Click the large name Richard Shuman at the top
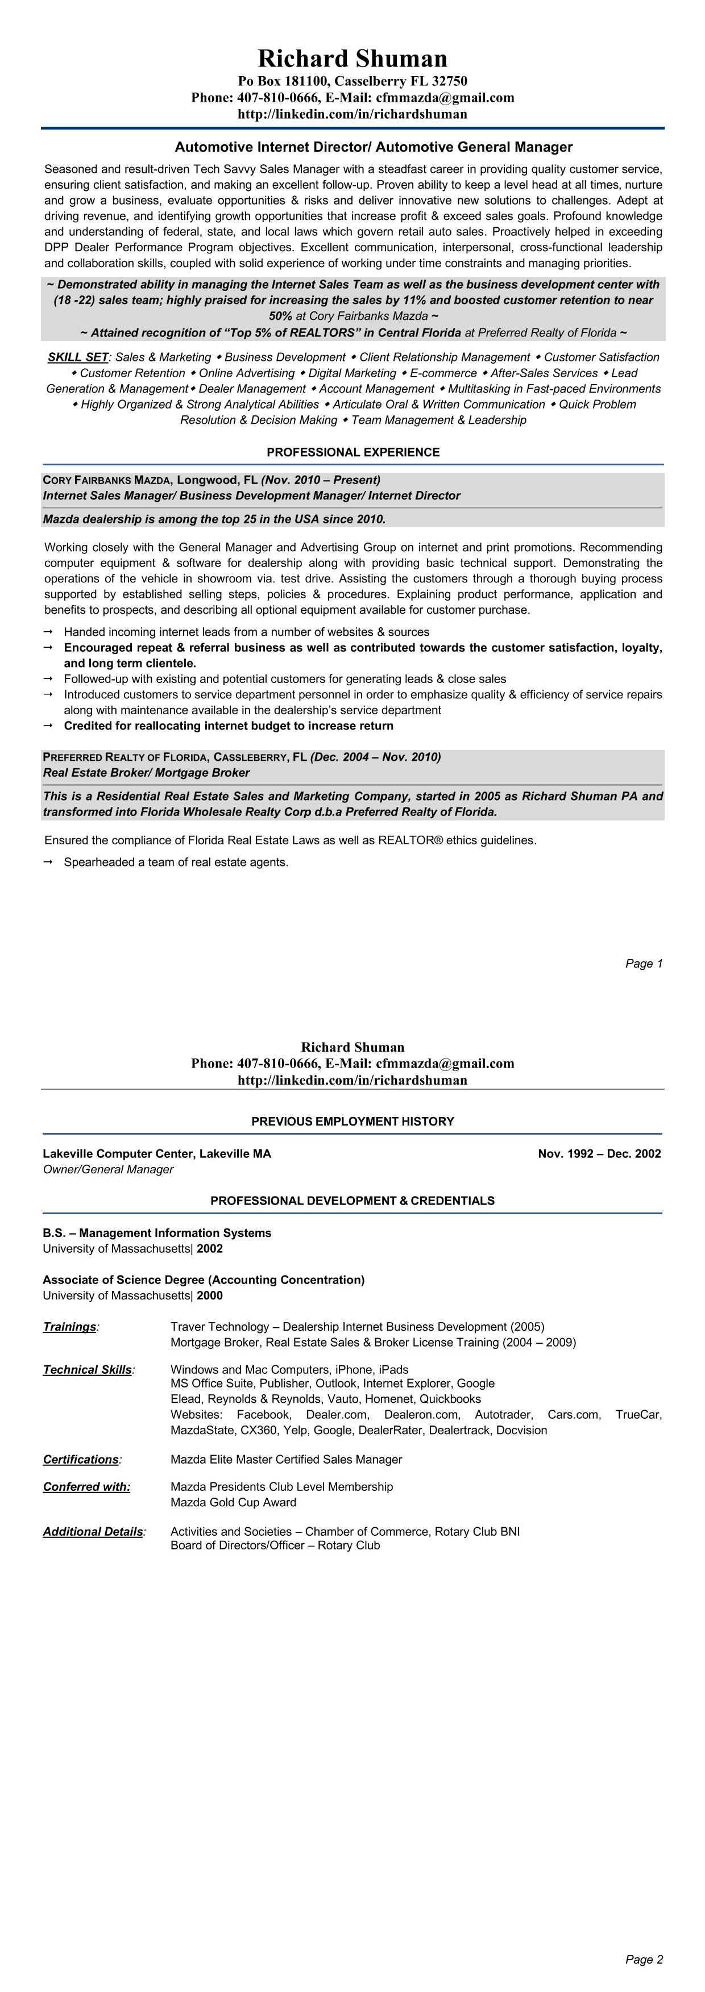pos(352,59)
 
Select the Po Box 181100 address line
pos(352,81)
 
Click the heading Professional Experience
pos(353,452)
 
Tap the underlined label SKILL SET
pos(77,357)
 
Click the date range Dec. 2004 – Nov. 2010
pos(375,757)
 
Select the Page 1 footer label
pos(644,964)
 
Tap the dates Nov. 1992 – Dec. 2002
pos(599,1154)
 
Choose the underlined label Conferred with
pos(86,1487)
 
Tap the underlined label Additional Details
pos(93,1532)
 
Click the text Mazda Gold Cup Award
pos(233,1502)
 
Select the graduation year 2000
pos(210,1295)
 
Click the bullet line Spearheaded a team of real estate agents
pos(176,862)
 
